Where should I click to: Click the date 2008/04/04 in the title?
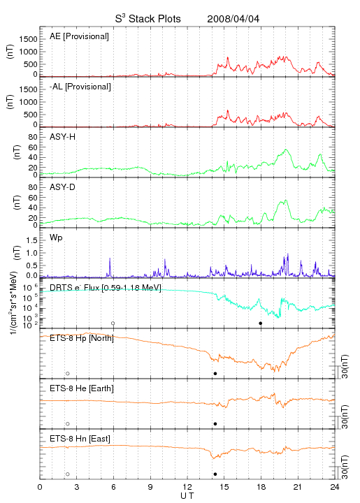pos(233,19)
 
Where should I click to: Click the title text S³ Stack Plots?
pos(148,19)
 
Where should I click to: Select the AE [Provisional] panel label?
pos(79,36)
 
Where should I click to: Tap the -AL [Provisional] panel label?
pos(80,87)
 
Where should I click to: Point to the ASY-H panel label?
pos(63,137)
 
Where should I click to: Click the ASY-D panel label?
pos(63,187)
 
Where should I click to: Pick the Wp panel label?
pos(56,238)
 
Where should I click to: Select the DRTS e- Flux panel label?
pos(106,288)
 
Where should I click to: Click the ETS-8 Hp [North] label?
pos(82,338)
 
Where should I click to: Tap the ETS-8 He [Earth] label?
pos(82,388)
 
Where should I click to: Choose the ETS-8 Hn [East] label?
pos(80,439)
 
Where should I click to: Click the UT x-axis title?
pos(187,496)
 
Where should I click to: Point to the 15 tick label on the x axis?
pos(224,487)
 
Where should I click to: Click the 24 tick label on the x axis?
pos(335,487)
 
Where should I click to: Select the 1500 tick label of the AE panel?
pos(28,39)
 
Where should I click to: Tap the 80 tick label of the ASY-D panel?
pos(33,187)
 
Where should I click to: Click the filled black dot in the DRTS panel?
pos(261,323)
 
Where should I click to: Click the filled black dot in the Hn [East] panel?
pos(215,474)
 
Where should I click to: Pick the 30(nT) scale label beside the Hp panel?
pos(345,366)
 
